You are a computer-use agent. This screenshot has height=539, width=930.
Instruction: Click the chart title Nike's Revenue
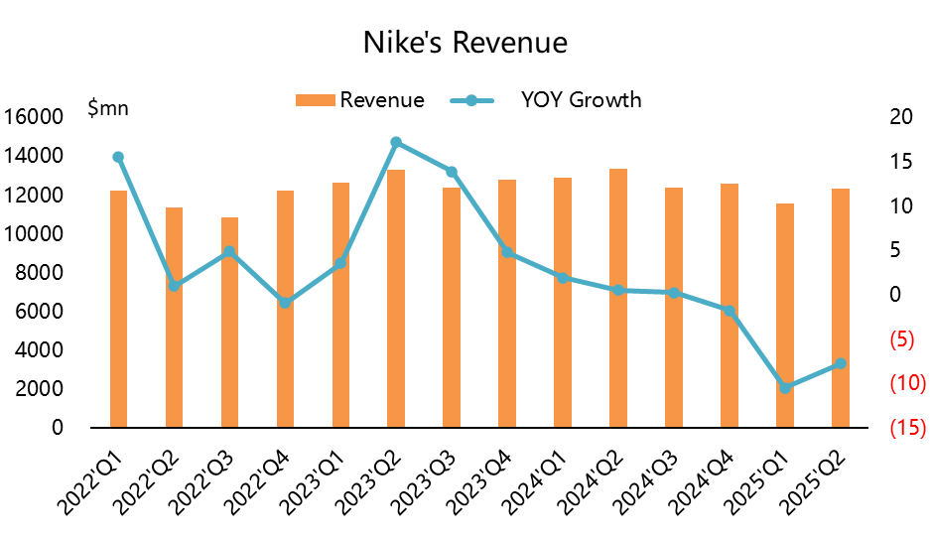(465, 44)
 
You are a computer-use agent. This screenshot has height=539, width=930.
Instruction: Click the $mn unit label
(109, 109)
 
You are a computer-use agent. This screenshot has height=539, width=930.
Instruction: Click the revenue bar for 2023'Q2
(396, 298)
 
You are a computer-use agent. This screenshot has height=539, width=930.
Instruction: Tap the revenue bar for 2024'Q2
(617, 298)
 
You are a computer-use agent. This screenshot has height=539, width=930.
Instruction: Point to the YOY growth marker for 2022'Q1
(118, 157)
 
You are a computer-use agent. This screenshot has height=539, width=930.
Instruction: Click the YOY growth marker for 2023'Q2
(396, 142)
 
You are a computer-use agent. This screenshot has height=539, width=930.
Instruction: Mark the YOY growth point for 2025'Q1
(784, 387)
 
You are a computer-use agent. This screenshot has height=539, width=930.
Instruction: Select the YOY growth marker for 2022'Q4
(285, 303)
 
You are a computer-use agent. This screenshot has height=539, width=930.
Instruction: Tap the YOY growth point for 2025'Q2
(840, 363)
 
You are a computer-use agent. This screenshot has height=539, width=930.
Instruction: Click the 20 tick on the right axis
(901, 117)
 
